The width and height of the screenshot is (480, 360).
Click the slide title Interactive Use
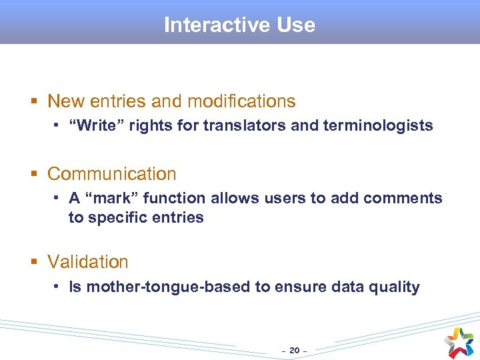pos(239,25)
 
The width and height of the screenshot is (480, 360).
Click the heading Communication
pos(112,174)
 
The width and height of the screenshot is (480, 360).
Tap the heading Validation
pos(88,262)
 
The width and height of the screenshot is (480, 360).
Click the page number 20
pos(294,349)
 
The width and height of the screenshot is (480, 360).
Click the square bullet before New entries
pos(34,102)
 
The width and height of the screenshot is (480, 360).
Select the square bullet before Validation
pos(34,263)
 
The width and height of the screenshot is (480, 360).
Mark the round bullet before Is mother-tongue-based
pos(59,287)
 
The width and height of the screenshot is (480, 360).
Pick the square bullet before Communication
pos(34,175)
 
